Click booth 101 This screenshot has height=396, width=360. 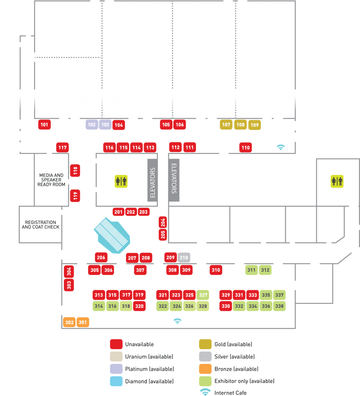45,125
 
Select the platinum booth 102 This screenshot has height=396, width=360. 92,125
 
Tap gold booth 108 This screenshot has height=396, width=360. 240,125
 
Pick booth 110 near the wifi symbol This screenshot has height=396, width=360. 245,147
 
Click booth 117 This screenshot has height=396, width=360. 62,147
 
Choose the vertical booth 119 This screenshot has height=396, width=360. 75,196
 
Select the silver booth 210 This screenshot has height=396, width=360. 184,258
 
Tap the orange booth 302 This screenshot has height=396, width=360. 69,322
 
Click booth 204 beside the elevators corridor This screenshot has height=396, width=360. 163,222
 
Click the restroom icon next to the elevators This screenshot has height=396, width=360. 121,181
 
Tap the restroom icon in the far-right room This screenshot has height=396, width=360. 337,181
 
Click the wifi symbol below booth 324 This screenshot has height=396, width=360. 177,321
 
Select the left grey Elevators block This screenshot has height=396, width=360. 153,180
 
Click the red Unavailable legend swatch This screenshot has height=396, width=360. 116,344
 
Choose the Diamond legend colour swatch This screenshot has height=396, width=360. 116,381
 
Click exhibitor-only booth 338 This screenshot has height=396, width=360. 279,306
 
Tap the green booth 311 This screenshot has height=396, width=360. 252,270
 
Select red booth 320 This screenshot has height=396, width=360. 139,306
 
